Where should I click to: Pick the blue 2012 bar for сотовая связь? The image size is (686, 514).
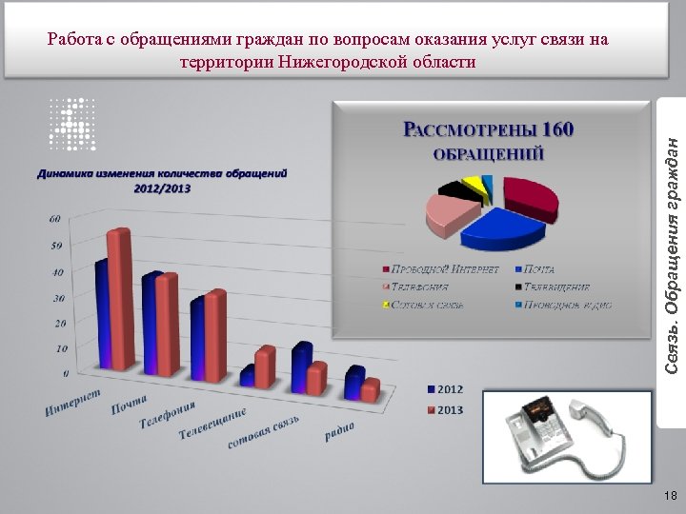[300, 366]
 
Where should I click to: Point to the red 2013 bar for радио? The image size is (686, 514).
[370, 389]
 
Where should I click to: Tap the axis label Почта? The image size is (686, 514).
[129, 406]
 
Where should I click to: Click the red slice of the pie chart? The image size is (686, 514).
[529, 195]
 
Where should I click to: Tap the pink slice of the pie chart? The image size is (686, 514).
[446, 214]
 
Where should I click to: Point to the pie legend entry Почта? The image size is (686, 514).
[538, 269]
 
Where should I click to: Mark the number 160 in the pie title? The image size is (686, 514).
[556, 129]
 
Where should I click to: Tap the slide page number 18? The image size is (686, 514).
[670, 495]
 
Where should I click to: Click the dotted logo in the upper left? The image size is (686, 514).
[73, 123]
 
